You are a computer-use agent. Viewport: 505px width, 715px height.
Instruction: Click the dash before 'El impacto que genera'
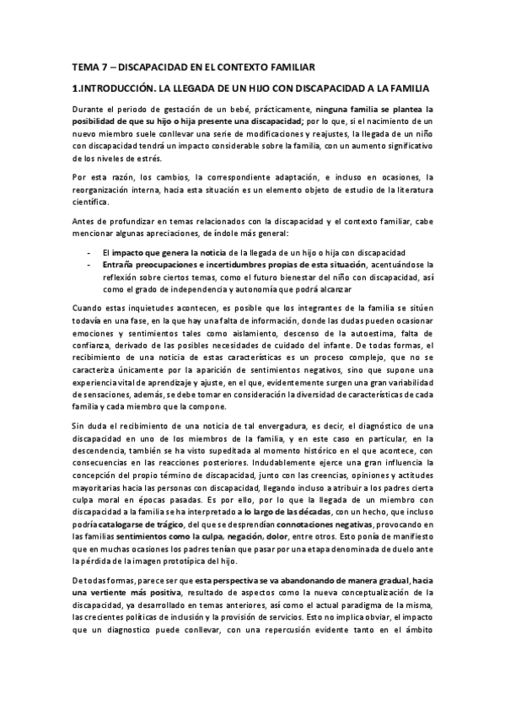(x=89, y=253)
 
